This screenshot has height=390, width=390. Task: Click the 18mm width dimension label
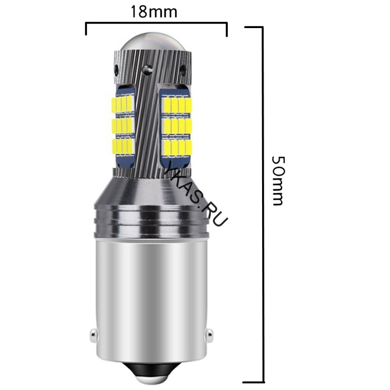(x=153, y=12)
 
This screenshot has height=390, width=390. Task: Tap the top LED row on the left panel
(x=123, y=104)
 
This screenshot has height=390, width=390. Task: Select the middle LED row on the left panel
(x=123, y=126)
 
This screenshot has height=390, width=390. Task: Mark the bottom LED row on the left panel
(x=123, y=147)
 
